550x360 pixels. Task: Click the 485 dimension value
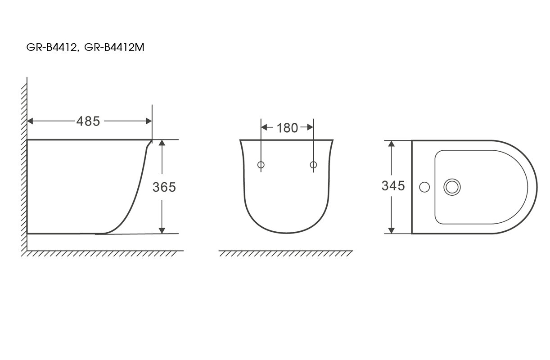(88, 121)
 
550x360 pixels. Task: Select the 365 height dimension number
(164, 187)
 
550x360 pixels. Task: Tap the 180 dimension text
(287, 128)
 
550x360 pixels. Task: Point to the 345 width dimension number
(393, 186)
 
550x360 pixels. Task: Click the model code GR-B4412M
(114, 47)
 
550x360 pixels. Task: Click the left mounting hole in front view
(261, 165)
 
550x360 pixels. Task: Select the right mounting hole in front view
(313, 165)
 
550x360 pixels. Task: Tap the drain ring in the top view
(452, 187)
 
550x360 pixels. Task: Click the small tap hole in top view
(424, 187)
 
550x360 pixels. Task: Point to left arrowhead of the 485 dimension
(30, 121)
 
